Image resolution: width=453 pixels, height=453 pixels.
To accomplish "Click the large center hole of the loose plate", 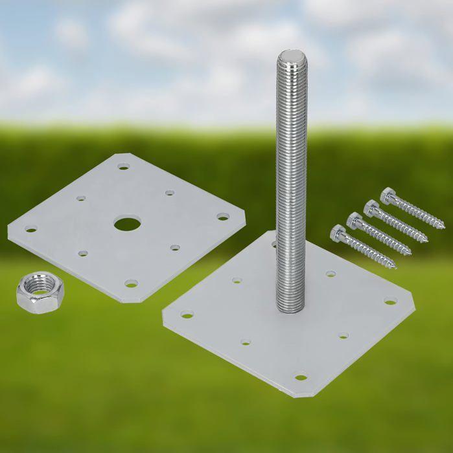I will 127,225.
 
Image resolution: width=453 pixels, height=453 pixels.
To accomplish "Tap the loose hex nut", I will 36,293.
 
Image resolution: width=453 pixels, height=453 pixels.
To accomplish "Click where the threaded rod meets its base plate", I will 290,309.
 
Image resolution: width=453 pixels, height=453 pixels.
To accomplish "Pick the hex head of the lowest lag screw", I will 338,233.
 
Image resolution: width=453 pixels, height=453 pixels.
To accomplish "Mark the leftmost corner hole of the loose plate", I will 30,228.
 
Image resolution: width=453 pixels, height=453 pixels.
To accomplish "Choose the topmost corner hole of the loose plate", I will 123,166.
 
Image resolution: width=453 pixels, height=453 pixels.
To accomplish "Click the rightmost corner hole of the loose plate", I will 223,217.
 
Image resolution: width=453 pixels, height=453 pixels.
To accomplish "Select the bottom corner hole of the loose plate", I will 132,283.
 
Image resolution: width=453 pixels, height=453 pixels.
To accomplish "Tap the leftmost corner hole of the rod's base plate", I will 187,315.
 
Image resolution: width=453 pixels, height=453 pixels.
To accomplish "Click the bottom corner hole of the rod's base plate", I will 300,377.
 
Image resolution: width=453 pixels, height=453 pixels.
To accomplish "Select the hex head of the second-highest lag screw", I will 371,207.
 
